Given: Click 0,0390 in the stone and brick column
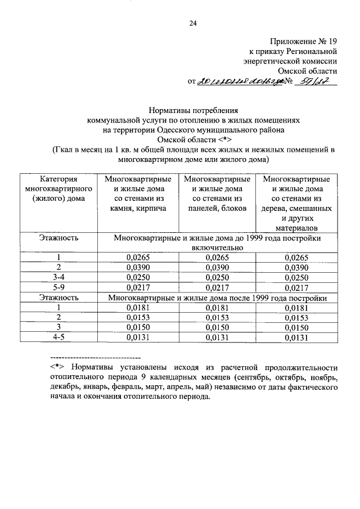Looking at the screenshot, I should pyautogui.click(x=137, y=267).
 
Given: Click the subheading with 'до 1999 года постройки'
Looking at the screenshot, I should pyautogui.click(x=217, y=242).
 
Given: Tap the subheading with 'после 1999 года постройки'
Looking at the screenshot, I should pyautogui.click(x=217, y=298).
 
